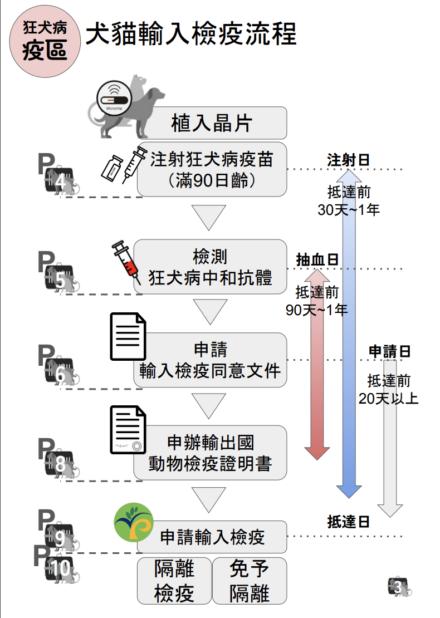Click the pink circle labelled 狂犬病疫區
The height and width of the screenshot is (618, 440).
click(45, 41)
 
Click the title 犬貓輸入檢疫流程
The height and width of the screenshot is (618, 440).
click(191, 34)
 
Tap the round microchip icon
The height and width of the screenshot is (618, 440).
click(114, 99)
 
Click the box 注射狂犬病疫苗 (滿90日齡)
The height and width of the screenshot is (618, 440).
click(212, 169)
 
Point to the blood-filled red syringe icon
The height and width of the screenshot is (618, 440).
click(126, 262)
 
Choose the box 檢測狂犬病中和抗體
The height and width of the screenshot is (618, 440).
click(210, 267)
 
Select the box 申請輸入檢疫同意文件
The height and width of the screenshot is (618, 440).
click(210, 360)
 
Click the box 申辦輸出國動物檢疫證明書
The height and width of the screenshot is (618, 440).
click(210, 453)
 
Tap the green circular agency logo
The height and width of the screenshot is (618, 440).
click(133, 522)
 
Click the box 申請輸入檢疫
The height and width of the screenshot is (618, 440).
click(212, 537)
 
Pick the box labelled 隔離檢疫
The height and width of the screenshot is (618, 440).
click(174, 581)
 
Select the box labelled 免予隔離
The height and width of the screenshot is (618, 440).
click(250, 581)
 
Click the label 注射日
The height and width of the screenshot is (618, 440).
click(349, 160)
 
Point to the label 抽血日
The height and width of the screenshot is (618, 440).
click(317, 260)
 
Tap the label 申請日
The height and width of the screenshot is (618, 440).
click(389, 351)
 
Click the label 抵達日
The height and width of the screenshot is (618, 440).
click(349, 522)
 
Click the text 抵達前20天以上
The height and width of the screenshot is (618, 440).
click(389, 389)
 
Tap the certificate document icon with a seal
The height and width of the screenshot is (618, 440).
click(128, 430)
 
